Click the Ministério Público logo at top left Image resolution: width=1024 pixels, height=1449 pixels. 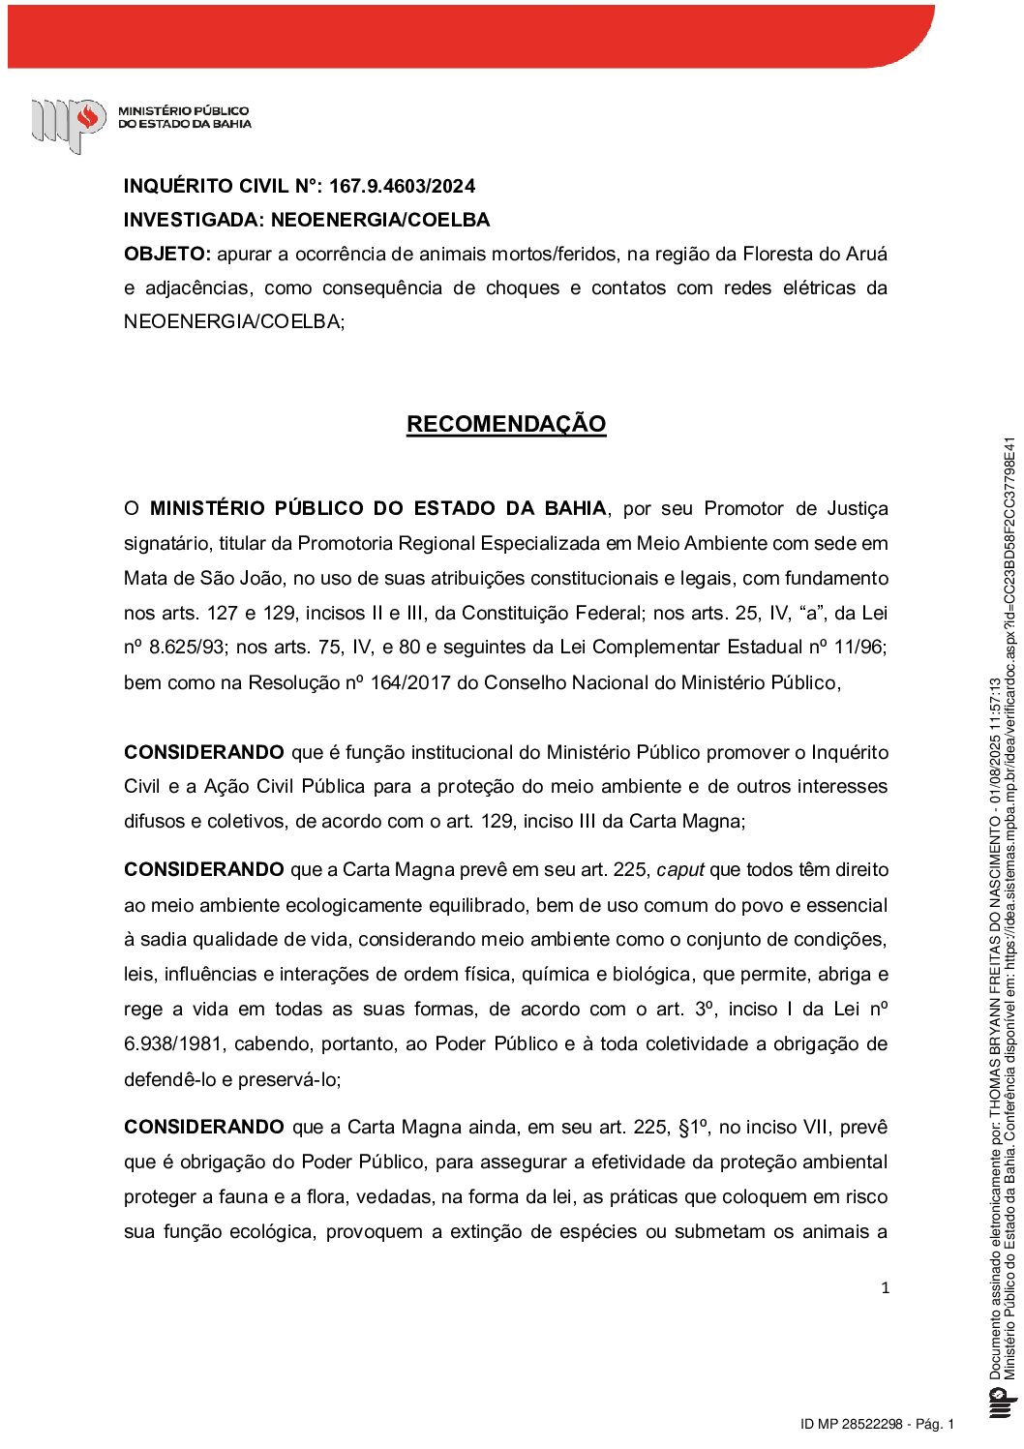pos(69,123)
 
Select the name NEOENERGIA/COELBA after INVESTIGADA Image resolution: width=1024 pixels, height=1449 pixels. pos(380,220)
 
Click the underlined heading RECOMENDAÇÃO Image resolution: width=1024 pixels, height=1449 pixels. pos(506,424)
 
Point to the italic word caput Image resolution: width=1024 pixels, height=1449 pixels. pos(680,869)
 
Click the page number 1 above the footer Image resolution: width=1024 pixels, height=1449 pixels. pos(885,1287)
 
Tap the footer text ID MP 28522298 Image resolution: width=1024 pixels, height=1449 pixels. pos(852,1424)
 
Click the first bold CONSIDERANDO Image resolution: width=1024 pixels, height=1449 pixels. pos(204,752)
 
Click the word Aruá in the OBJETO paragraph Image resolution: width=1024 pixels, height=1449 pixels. pos(867,254)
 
